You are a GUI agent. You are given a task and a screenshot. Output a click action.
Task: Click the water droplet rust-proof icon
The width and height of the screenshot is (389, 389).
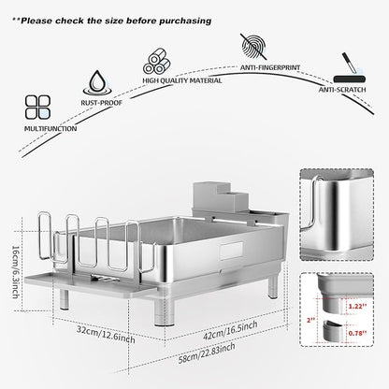coord(97,83)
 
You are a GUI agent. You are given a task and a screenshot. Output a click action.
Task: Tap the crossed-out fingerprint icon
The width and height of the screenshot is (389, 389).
coord(254,47)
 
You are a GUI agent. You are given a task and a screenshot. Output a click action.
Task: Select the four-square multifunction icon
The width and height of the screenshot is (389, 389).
coord(37,107)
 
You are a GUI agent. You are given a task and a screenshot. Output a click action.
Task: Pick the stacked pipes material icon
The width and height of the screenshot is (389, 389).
coord(157,61)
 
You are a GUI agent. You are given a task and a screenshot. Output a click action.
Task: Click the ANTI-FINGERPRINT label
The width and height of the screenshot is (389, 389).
coord(270,67)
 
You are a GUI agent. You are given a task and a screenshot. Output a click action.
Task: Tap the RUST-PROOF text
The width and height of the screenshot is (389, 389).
coord(102,103)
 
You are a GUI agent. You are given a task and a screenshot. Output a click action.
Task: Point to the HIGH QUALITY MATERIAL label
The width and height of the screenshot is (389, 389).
coord(182,80)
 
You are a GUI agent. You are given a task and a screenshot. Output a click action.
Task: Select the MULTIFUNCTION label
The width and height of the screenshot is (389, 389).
coord(50,128)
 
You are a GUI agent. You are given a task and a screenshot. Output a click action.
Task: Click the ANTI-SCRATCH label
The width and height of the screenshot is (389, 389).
coord(342,90)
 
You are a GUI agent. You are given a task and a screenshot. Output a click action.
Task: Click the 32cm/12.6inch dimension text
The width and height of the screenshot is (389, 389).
coord(106,335)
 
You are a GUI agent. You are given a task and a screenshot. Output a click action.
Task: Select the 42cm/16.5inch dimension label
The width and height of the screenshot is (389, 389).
coord(230,330)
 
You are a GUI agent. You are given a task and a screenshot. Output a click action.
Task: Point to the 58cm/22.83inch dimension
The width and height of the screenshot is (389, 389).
coord(207,353)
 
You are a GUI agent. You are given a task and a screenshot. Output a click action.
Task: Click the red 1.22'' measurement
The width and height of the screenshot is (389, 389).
coord(357,307)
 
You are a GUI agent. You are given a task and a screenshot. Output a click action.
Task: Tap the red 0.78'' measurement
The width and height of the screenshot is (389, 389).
coord(357,333)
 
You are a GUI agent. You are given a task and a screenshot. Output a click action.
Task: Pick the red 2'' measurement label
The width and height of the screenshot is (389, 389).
coord(310,320)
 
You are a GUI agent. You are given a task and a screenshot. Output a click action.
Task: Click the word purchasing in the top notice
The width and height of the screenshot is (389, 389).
coord(185,22)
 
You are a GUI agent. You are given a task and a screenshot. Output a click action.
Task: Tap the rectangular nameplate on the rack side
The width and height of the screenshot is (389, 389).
coord(231,251)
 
